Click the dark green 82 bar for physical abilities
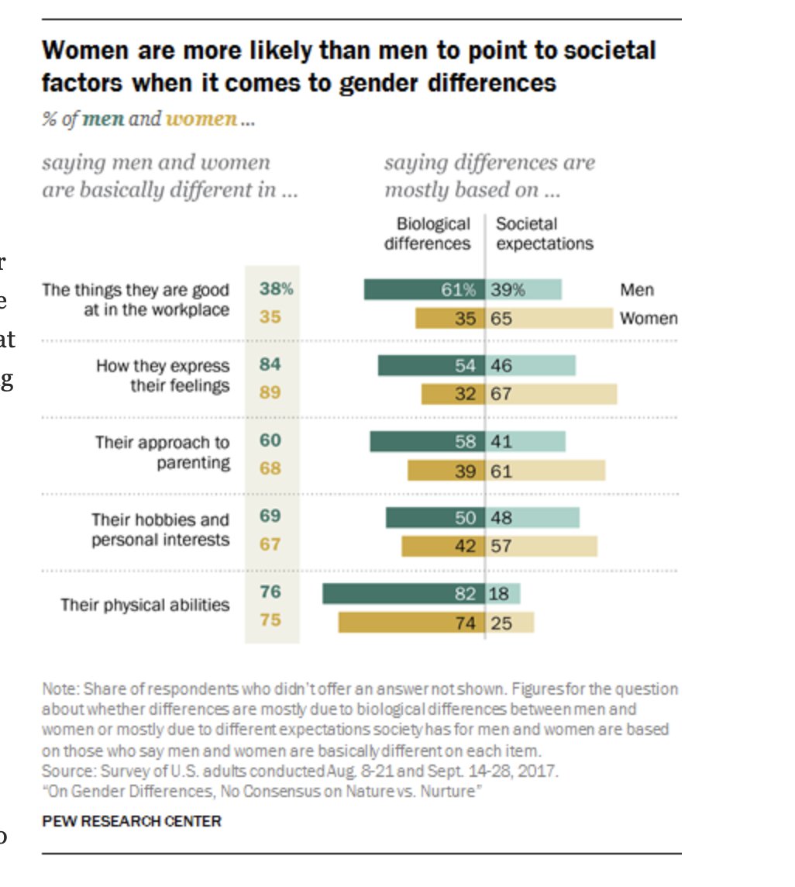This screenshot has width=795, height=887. (403, 594)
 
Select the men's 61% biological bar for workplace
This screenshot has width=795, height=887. (425, 290)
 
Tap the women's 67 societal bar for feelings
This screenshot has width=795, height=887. (552, 394)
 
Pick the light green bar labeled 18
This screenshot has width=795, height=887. (503, 594)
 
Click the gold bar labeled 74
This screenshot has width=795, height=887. (411, 623)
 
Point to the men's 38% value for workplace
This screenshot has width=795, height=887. (276, 289)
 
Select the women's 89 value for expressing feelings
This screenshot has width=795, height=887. (270, 392)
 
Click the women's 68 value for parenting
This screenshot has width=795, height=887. (270, 469)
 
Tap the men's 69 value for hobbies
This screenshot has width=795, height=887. (270, 516)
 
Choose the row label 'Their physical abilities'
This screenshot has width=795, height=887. (146, 605)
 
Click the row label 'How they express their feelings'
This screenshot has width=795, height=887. (163, 375)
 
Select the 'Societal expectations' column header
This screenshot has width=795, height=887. (545, 233)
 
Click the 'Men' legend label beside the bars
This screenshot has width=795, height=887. (637, 290)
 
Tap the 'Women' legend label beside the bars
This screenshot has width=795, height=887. (649, 319)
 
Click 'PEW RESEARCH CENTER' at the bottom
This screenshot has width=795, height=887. (132, 821)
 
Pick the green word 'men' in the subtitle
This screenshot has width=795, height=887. (103, 119)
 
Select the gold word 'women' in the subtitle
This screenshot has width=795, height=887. (201, 119)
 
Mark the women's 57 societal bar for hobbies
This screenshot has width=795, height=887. (542, 546)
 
